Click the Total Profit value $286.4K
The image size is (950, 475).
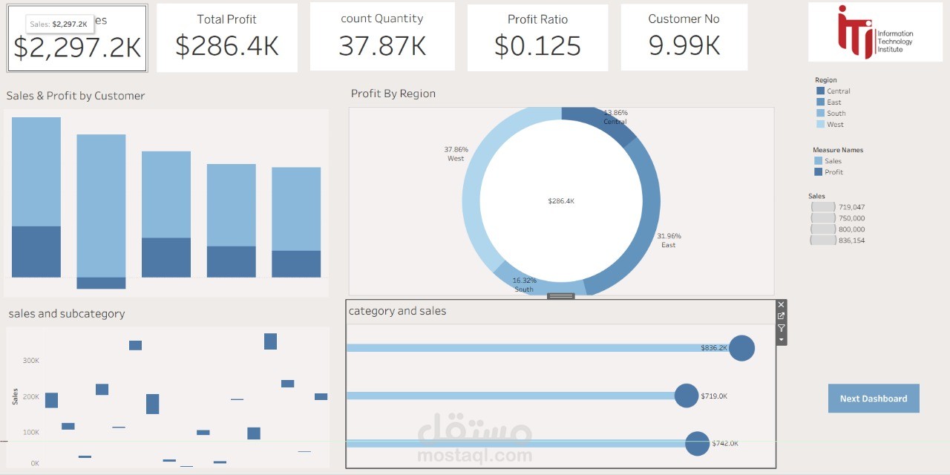point(227,46)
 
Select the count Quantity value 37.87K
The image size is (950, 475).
point(382,46)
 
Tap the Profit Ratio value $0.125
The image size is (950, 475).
point(537,46)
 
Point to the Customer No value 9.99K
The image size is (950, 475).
point(684,46)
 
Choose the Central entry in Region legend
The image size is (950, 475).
point(838,91)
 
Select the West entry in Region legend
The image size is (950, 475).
point(835,125)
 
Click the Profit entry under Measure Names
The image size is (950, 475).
point(833,172)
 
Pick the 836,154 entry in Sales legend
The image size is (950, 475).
point(851,240)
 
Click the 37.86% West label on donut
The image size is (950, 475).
point(456,154)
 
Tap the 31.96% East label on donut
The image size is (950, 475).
point(668,240)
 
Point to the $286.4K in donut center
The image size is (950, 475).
point(561,201)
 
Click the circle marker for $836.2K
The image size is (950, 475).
point(741,348)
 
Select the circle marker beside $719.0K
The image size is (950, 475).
point(687,396)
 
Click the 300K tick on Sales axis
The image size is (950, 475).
point(30,361)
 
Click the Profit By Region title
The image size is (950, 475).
point(393,94)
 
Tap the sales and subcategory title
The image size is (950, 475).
point(67,314)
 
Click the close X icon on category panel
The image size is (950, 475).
point(781,305)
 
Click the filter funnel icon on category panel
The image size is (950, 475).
point(781,328)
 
